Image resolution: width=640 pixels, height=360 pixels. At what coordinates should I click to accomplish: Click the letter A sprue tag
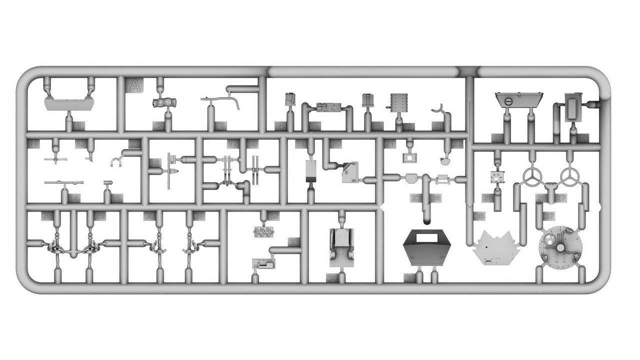[134, 86]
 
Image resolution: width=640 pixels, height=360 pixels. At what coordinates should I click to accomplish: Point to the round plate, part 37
[560, 245]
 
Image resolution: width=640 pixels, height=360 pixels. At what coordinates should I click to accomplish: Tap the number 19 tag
[300, 144]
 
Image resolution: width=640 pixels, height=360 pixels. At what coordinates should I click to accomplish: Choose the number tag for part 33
[294, 241]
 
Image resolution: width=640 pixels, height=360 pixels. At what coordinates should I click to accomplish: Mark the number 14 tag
[74, 198]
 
